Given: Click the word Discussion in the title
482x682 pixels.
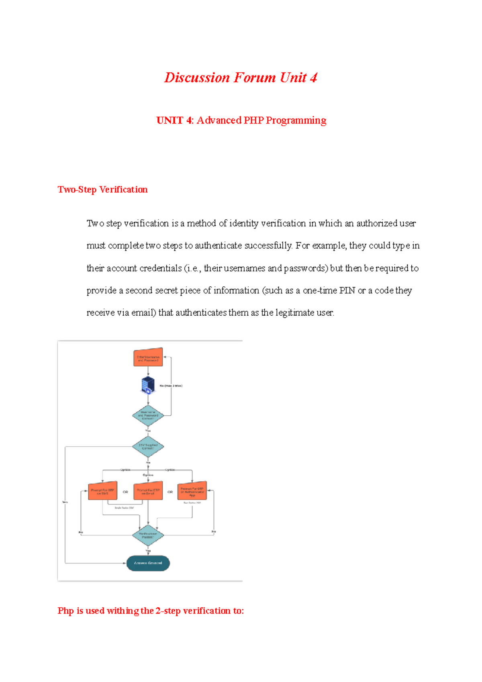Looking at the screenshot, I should pyautogui.click(x=197, y=78).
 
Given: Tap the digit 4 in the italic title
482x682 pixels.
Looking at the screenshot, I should pyautogui.click(x=313, y=78).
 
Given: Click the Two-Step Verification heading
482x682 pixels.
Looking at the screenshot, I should pyautogui.click(x=102, y=190).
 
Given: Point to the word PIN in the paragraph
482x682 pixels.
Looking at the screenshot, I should pyautogui.click(x=347, y=290).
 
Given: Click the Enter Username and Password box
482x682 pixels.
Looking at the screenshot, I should pyautogui.click(x=148, y=357).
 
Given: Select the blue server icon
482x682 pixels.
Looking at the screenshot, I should pyautogui.click(x=148, y=385).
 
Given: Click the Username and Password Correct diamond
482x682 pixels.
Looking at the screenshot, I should pyautogui.click(x=148, y=415).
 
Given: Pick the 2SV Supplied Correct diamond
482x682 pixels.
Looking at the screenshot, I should pyautogui.click(x=148, y=446).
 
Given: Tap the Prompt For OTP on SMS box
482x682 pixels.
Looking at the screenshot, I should pyautogui.click(x=102, y=491).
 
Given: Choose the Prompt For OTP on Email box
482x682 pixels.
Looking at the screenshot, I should pyautogui.click(x=148, y=491).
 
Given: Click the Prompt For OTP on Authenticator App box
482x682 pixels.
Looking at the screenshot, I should pyautogui.click(x=192, y=491).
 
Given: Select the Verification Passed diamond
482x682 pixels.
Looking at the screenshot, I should pyautogui.click(x=148, y=535).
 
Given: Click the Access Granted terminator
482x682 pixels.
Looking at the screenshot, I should pyautogui.click(x=148, y=563).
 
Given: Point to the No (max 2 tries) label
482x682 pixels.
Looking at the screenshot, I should pyautogui.click(x=171, y=386).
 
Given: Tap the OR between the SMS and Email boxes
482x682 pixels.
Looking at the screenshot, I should pyautogui.click(x=125, y=492).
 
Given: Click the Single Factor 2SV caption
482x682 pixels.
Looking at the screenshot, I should pyautogui.click(x=124, y=508).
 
